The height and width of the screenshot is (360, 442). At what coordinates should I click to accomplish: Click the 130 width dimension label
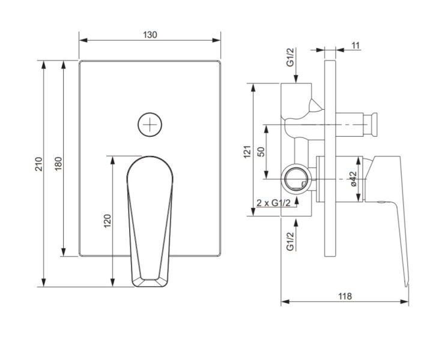coord(150,35)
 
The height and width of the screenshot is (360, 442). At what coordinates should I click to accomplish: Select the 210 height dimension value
coord(38,163)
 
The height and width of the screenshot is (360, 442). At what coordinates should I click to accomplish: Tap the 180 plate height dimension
coord(58,163)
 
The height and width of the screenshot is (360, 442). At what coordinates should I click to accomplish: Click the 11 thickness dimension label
coord(356,46)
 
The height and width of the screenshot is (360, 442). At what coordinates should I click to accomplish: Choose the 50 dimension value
coord(261,151)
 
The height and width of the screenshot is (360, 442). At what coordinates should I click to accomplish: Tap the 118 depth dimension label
coord(345,296)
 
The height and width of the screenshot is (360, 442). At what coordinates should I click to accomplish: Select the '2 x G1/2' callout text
coord(274,203)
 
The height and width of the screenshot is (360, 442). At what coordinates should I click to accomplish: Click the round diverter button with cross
coord(150,125)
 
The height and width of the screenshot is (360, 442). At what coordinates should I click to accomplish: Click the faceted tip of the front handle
coord(150,281)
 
